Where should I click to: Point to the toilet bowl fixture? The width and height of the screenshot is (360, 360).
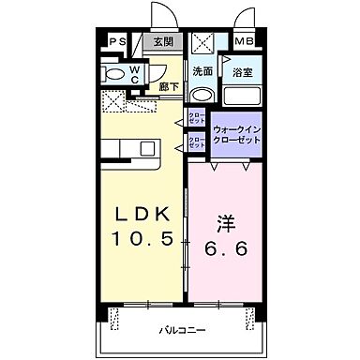(x=113, y=73)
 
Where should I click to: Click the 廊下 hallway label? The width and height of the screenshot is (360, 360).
(x=170, y=86)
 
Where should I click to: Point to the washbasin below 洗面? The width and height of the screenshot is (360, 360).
(x=202, y=94)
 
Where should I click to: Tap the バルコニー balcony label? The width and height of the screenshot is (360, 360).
(x=180, y=330)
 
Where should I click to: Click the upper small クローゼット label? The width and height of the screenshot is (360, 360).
(x=197, y=118)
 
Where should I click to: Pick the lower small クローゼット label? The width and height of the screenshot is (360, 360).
(x=197, y=142)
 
